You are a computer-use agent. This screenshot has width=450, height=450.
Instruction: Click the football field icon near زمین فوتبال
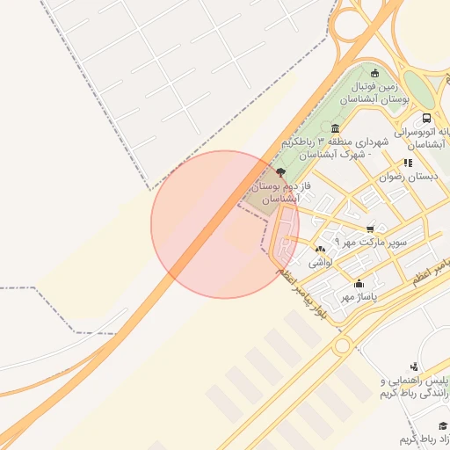coord(375,73)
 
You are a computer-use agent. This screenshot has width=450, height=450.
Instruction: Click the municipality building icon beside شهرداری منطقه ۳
coord(336,128)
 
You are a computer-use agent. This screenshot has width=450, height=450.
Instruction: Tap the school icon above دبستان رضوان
coord(407,163)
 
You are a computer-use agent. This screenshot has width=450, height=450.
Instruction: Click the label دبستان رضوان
coord(408,177)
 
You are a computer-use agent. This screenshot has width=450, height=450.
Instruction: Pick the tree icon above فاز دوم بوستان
coord(280,172)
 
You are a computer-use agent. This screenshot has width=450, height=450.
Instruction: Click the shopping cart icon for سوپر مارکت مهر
coord(369,228)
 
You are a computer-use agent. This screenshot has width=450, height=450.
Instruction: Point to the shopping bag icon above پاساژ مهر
coord(359,284)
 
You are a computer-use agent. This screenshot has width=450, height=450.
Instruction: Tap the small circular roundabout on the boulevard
coord(340,346)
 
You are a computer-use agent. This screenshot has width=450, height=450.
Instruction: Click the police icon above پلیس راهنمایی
coord(413,367)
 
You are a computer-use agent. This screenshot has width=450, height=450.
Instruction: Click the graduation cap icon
coord(442,425)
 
